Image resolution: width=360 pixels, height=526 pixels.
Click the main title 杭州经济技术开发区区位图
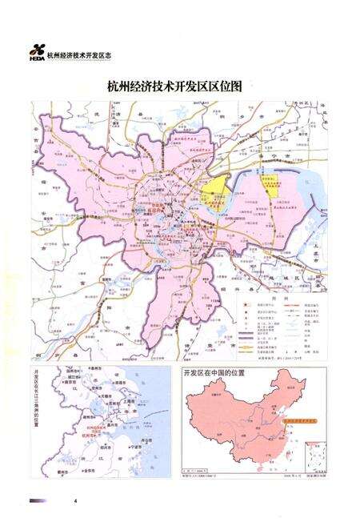[179, 86]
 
